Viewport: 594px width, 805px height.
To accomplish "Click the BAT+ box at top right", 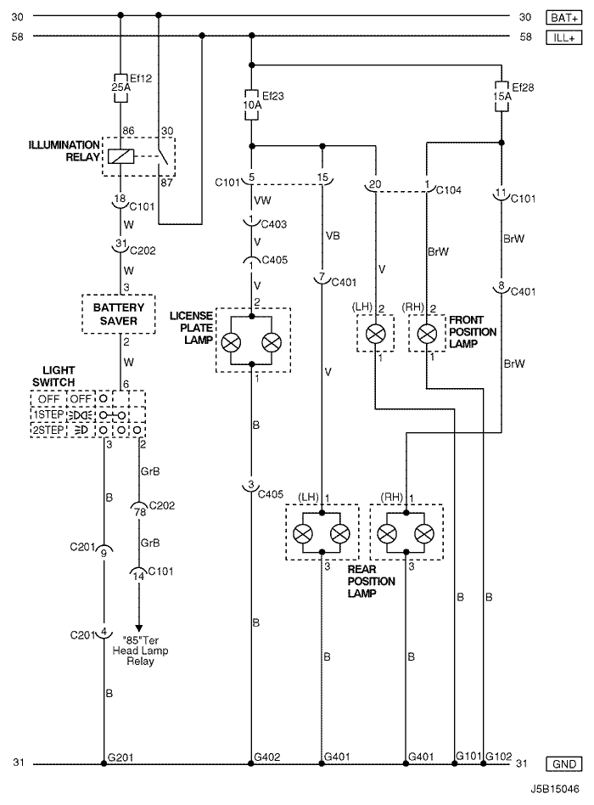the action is [563, 18].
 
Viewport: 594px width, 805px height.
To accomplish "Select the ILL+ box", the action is [563, 37].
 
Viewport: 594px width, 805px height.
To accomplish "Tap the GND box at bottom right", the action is [563, 764].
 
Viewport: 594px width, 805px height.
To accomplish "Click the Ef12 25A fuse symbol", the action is [120, 87].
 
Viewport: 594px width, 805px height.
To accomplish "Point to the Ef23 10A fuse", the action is [251, 104].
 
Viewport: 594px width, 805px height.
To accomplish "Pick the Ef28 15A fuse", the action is [502, 96].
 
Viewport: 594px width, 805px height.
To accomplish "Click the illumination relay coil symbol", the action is [121, 156].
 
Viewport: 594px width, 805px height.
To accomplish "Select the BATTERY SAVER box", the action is [119, 314].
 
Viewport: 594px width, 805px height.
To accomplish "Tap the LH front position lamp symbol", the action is [375, 334].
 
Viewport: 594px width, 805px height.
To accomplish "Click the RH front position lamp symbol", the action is [427, 334].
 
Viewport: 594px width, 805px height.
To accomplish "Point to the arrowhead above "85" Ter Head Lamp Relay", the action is [138, 628].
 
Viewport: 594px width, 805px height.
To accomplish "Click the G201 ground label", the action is [120, 757].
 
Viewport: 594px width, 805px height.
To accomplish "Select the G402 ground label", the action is [267, 757].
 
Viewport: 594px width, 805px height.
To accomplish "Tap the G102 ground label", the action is [499, 757].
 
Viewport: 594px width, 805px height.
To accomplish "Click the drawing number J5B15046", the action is [555, 789].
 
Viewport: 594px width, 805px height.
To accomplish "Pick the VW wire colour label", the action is [262, 200].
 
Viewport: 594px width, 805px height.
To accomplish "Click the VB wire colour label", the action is [333, 236].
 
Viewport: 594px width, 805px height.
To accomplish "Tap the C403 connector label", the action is [274, 224].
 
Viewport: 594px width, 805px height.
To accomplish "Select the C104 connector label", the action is [448, 190].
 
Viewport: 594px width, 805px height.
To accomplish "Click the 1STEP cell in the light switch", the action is [48, 414].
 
